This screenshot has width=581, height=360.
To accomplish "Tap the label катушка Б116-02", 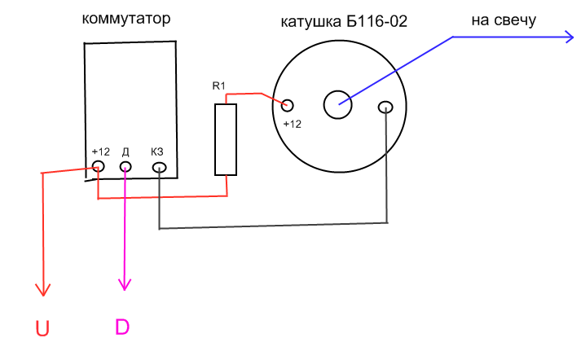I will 344,22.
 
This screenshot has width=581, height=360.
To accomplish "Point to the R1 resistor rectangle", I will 226,139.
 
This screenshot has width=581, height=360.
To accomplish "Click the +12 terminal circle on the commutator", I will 99,167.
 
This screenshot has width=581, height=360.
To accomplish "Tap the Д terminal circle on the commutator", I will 125,167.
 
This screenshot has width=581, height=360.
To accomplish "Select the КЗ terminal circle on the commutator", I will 159,168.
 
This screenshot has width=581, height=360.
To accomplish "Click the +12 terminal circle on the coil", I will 286,104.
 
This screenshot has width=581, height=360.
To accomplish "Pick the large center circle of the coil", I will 337,103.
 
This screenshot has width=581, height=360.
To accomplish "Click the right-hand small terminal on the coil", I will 386,107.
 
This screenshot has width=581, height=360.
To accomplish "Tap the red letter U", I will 42,329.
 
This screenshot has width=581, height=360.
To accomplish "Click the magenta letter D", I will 121,327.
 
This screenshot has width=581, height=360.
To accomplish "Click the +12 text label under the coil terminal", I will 292,124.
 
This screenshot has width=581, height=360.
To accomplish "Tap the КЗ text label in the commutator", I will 158,151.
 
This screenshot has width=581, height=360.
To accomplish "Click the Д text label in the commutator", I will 125,151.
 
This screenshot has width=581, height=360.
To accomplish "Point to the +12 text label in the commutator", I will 101,151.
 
